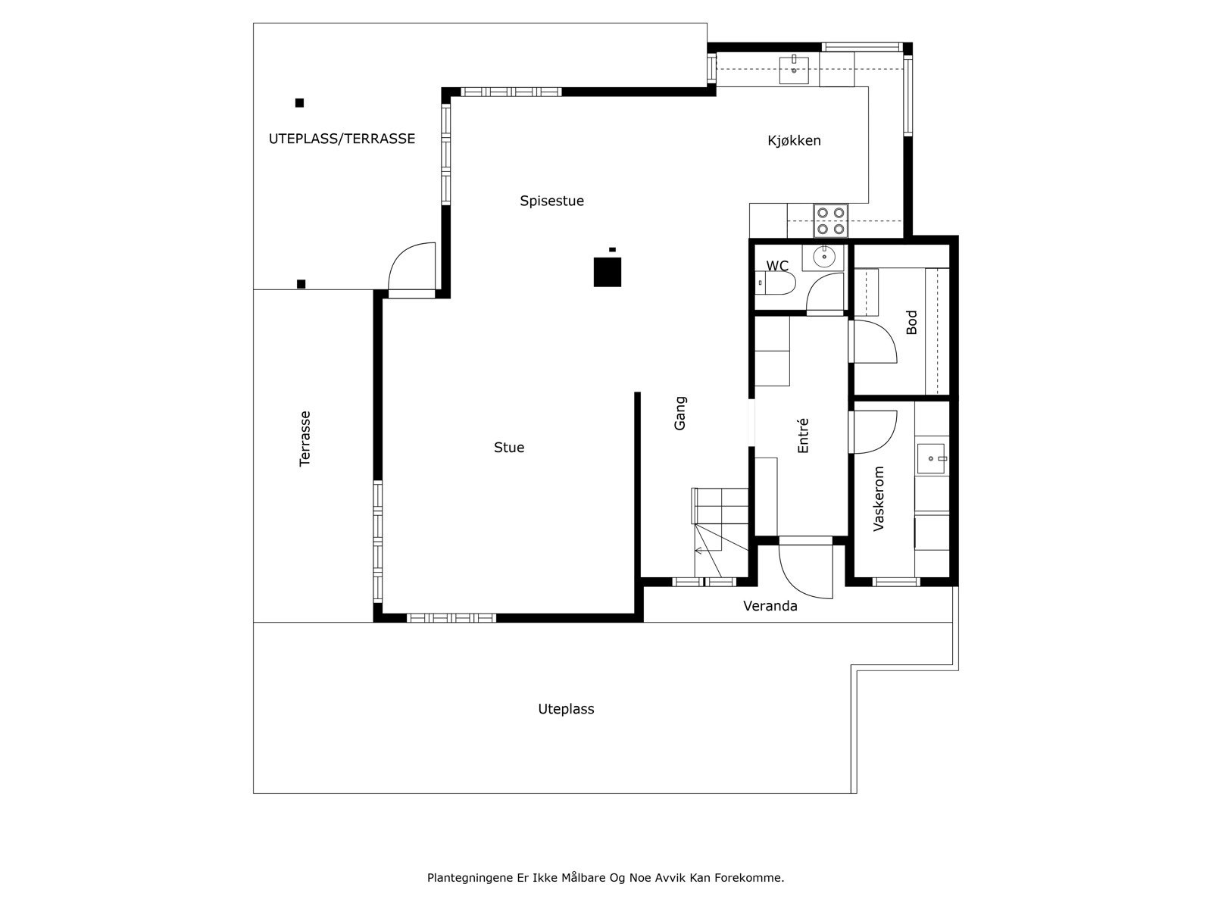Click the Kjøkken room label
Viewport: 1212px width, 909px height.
(794, 141)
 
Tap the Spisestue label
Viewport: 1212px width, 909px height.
(551, 201)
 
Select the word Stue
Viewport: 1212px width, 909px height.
(509, 448)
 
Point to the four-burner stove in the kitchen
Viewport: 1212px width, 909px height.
(830, 220)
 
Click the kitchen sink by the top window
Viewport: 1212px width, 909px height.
(794, 70)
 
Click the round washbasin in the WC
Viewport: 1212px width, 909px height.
(823, 258)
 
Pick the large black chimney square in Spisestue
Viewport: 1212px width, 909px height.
(608, 272)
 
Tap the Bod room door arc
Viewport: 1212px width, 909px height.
(875, 341)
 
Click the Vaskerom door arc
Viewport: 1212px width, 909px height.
(875, 432)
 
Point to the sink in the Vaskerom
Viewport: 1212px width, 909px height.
(932, 458)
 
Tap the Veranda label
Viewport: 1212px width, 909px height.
(770, 606)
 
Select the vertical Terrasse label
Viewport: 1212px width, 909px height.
(305, 439)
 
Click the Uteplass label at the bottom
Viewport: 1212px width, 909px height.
(566, 709)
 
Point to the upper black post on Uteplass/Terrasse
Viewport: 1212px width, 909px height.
(299, 103)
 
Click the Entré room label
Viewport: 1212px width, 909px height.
(804, 436)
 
